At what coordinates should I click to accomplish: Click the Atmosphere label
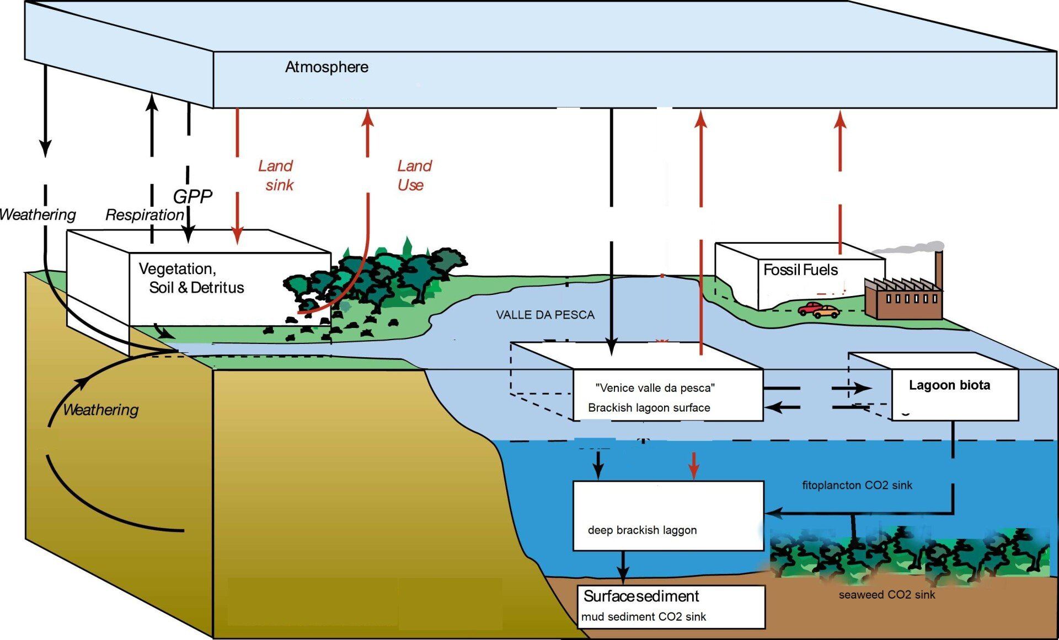327,67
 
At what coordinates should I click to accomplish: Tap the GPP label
192,196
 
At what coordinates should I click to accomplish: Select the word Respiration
145,214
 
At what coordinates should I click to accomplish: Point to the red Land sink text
276,175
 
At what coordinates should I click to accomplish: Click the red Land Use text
414,175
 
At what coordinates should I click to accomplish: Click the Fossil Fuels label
800,270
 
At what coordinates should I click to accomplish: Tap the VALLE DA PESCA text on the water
545,315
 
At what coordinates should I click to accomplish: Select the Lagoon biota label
949,385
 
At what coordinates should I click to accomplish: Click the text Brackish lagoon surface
649,408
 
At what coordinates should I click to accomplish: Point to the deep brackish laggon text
642,530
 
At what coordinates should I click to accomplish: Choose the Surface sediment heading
641,596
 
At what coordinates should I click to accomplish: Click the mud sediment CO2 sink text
643,617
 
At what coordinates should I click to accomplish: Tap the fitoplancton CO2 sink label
857,485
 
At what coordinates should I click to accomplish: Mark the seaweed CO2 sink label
886,595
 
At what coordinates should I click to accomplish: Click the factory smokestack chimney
938,270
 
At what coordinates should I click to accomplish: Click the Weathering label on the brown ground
100,410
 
